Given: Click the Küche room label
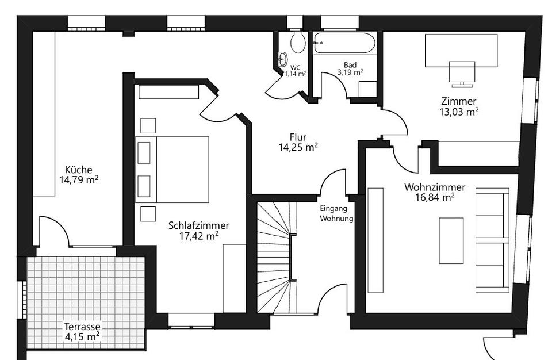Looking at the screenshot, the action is pos(78,170).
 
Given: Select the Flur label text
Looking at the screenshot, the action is pos(298,137).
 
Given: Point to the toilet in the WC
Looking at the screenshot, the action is pos(298,41).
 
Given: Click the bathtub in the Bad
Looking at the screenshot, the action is pos(344,44).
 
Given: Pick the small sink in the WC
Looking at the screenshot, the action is pos(282,58).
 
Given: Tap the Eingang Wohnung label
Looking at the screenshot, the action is pos(336,214).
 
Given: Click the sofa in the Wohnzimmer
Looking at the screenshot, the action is pos(492,240).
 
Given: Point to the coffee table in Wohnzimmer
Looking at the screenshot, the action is pos(451,240).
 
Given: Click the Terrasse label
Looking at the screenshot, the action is pos(82,326).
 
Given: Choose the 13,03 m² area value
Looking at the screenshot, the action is pos(459,112).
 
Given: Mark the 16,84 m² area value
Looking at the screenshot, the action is pos(435,198).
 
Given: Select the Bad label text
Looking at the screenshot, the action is pos(350,64).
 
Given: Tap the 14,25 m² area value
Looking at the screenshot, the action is pos(298,148).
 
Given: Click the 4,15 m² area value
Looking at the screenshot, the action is pos(82,336).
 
